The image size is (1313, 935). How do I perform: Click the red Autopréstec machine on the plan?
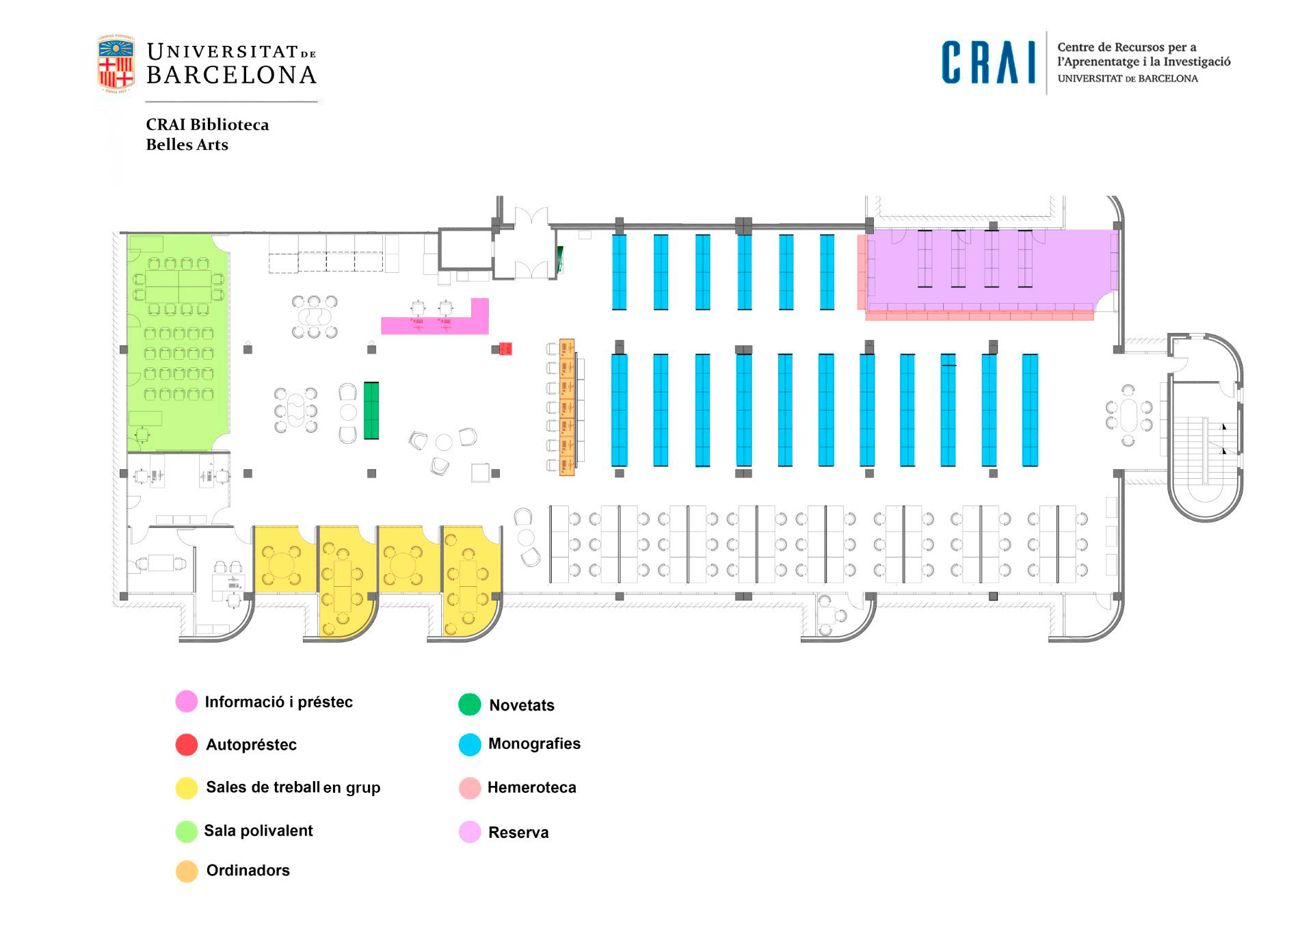tap(505, 349)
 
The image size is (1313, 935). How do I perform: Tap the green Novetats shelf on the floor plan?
tap(371, 410)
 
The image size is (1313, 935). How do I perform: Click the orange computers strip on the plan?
tap(567, 407)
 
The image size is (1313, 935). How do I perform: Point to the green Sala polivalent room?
tap(178, 342)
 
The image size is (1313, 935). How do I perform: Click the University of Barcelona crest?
tap(116, 64)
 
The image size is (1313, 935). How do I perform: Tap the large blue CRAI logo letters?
tap(987, 63)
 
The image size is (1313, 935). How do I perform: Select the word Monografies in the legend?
tap(534, 743)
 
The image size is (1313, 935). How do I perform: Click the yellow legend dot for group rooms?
tap(187, 788)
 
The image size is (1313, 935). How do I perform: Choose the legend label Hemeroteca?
tap(531, 787)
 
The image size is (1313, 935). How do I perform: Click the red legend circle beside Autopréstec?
tap(187, 745)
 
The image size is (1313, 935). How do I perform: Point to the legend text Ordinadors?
tap(248, 870)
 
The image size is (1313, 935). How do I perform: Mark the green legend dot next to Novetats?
tap(470, 704)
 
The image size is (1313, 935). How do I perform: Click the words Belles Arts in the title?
tap(187, 144)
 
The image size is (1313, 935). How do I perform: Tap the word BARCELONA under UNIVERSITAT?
tap(231, 75)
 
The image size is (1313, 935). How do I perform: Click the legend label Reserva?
tap(518, 832)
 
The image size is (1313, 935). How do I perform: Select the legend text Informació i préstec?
tap(278, 702)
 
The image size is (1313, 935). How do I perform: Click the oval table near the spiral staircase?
tap(1128, 415)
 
